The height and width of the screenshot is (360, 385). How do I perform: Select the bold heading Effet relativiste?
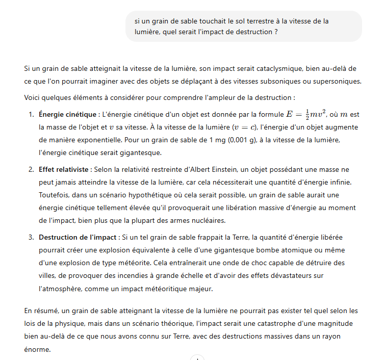click(64, 169)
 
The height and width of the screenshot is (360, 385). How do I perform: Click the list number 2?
click(31, 169)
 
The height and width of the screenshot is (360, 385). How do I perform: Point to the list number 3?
click(31, 237)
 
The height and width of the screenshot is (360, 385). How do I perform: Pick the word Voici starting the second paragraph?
click(33, 97)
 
